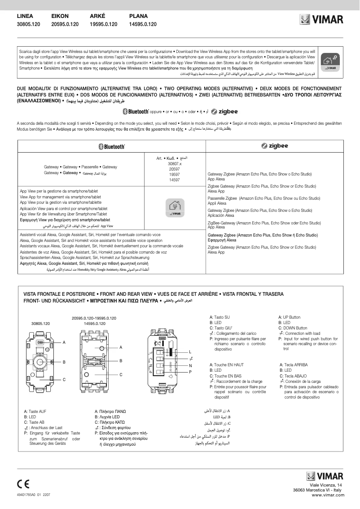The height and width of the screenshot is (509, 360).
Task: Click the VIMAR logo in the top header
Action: (321, 20)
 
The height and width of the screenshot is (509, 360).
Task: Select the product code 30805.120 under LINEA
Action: (28, 24)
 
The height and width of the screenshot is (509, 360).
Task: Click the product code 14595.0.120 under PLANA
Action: (143, 24)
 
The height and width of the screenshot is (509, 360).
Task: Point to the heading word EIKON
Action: (60, 16)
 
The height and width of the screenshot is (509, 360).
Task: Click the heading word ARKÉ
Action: (97, 16)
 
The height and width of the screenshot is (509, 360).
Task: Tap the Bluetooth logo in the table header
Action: (111, 146)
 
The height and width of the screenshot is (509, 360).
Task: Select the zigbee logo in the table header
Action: (275, 146)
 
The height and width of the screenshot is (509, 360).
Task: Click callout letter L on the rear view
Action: (190, 351)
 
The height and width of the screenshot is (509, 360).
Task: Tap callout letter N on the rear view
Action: (190, 365)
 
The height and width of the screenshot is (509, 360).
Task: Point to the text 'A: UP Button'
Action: (290, 317)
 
